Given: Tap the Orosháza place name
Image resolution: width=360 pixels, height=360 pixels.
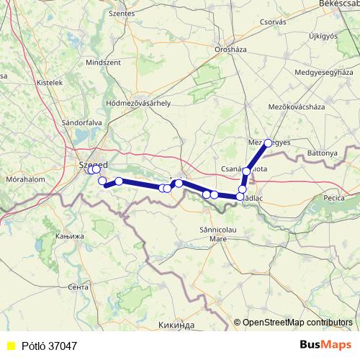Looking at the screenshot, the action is (x=231, y=49).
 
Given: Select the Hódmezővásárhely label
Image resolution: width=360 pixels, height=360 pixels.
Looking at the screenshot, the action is (x=138, y=103).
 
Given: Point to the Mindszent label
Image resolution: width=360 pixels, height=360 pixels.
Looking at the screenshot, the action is (x=103, y=63).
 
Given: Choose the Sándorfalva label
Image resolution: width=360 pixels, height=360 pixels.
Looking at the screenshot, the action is (x=84, y=122).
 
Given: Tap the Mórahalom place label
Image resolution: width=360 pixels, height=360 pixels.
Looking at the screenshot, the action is (x=25, y=179).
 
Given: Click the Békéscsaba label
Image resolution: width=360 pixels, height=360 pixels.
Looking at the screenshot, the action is (x=338, y=4).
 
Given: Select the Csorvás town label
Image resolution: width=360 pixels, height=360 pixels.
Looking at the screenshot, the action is (x=273, y=22).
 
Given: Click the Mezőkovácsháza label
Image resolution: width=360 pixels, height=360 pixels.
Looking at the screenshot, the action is (x=296, y=106).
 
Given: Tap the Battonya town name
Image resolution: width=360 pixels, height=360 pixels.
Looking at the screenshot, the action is (x=321, y=153).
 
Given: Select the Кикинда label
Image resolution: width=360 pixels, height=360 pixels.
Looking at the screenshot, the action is (x=176, y=325).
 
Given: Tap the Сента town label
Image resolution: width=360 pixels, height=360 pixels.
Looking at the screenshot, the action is (x=77, y=287).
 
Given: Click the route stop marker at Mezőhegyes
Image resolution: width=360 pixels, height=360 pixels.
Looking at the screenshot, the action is (x=268, y=143).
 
